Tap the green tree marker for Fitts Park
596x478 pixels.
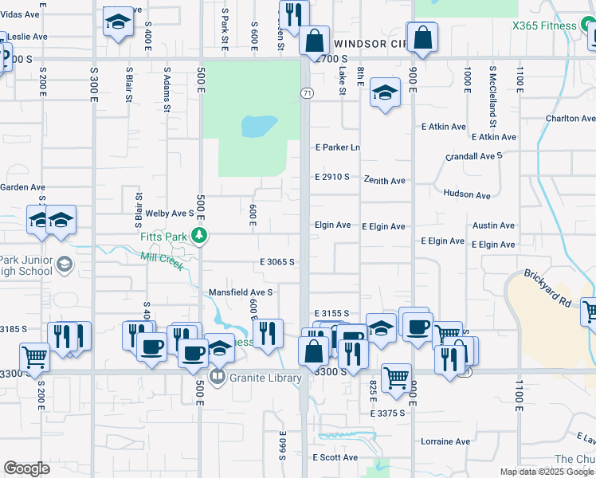[203, 235]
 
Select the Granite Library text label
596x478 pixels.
[266, 378]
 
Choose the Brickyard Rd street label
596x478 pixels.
[547, 289]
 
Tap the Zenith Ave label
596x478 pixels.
[385, 181]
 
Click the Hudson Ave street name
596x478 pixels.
[466, 194]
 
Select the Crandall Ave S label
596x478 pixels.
[474, 157]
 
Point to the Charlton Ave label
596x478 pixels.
[571, 119]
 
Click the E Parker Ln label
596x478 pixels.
[338, 147]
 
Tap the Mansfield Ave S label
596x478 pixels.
[241, 292]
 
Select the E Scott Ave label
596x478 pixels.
[335, 457]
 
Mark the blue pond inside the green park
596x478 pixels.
[259, 125]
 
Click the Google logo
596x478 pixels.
[27, 468]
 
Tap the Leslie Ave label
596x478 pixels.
[28, 37]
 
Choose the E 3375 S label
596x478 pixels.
[388, 413]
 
